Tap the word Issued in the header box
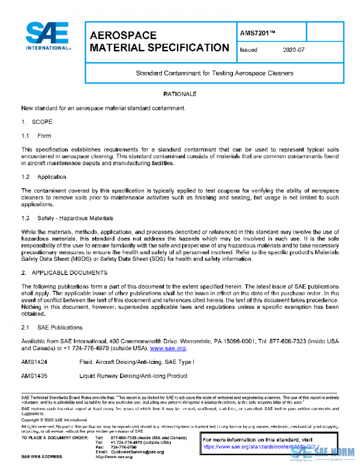[x=248, y=50]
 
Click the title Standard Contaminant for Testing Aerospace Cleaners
[x=214, y=73]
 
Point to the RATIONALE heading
[x=180, y=95]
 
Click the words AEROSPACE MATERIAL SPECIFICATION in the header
[x=158, y=41]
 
